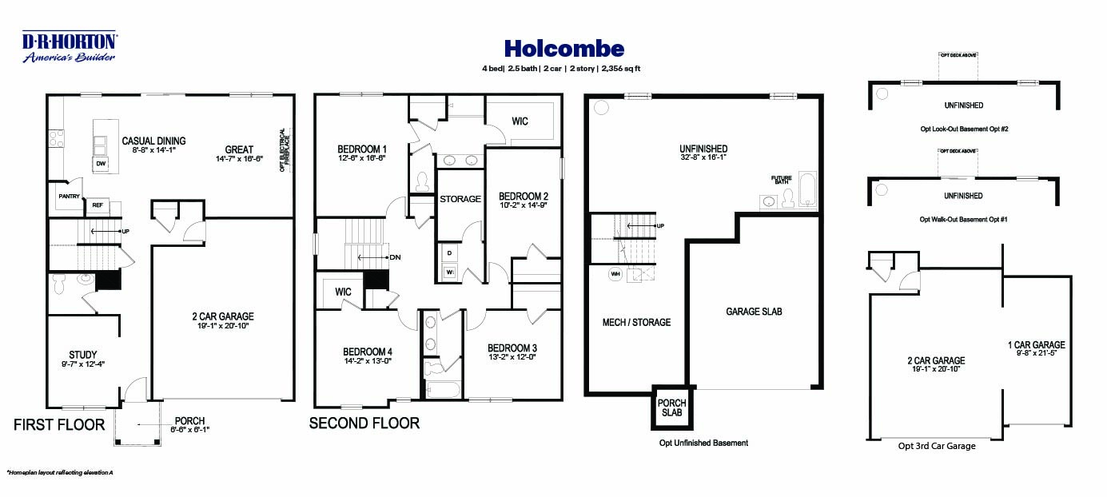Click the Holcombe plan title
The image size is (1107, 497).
(563, 50)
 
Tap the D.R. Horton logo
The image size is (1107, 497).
(69, 46)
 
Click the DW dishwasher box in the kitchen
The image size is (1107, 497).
(102, 163)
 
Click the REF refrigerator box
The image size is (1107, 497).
(98, 205)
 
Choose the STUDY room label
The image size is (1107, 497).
(82, 355)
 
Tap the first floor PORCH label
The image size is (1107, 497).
(189, 421)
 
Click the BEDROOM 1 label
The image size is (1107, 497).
(362, 149)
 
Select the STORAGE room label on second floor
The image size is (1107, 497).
(460, 199)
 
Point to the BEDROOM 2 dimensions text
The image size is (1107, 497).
(524, 205)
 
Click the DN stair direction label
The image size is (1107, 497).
(395, 257)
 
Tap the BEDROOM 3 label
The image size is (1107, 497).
(512, 348)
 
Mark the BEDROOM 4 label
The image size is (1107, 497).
(368, 352)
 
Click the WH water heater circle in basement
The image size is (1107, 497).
(616, 274)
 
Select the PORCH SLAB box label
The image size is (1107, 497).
(672, 408)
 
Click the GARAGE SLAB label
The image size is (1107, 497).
(754, 312)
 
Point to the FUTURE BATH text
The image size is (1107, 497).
(781, 180)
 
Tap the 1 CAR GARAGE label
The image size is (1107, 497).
(1036, 345)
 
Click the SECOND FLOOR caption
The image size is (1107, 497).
(364, 423)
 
